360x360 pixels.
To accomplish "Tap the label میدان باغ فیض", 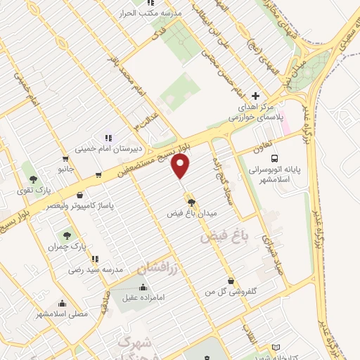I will (192, 212).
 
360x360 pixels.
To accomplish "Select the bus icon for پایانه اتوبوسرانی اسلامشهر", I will (274, 159).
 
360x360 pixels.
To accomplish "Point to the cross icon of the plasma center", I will (255, 96).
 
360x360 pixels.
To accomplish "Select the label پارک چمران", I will (68, 249).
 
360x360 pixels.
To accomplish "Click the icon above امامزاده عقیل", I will (143, 286).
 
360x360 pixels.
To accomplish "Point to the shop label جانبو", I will (65, 169).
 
